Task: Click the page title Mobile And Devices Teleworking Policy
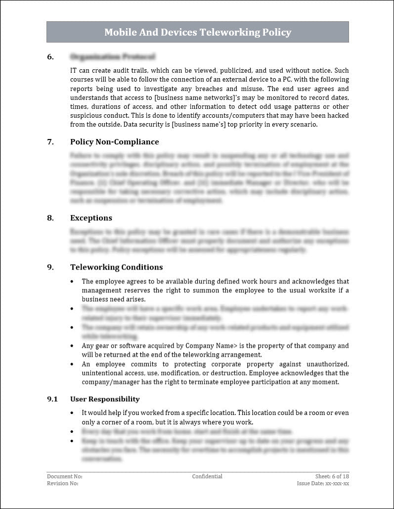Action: tap(197, 33)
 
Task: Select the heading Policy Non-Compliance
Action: tap(114, 142)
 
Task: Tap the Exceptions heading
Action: tap(91, 218)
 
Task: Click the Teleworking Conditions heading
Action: tap(116, 267)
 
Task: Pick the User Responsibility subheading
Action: tap(105, 399)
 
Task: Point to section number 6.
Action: tap(50, 57)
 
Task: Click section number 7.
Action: tap(50, 142)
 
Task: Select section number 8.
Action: tap(50, 218)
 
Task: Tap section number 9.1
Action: tap(52, 399)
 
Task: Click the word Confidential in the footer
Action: tap(207, 476)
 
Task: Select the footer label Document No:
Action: tap(65, 476)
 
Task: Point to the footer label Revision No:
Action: tap(63, 483)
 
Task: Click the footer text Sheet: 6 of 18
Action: tap(332, 476)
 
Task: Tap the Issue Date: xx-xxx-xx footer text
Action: tap(323, 483)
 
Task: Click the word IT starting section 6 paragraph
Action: tap(74, 71)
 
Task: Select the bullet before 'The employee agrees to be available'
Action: tap(72, 281)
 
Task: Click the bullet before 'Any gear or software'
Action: tap(72, 346)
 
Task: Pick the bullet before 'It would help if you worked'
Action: tap(72, 413)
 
